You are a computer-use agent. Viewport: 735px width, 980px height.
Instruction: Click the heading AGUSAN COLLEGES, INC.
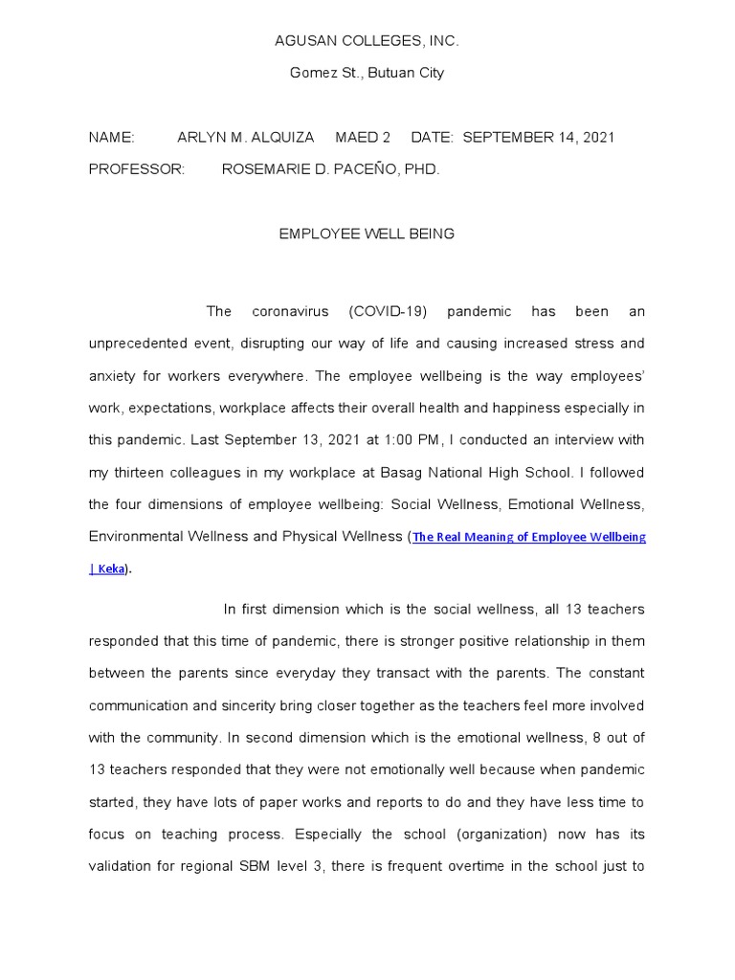point(367,41)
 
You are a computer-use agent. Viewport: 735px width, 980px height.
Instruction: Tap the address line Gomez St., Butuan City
point(367,73)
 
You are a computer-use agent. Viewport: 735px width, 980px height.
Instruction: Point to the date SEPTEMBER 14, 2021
point(539,137)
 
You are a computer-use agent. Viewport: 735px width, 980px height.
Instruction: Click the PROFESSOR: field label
point(136,168)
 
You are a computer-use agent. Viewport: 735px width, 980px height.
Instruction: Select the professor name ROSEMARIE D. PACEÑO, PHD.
point(330,168)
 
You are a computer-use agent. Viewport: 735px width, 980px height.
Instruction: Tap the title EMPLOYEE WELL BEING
point(367,234)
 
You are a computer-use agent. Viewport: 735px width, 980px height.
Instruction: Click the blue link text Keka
point(110,569)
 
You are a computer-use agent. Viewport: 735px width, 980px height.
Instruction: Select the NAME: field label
point(112,137)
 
